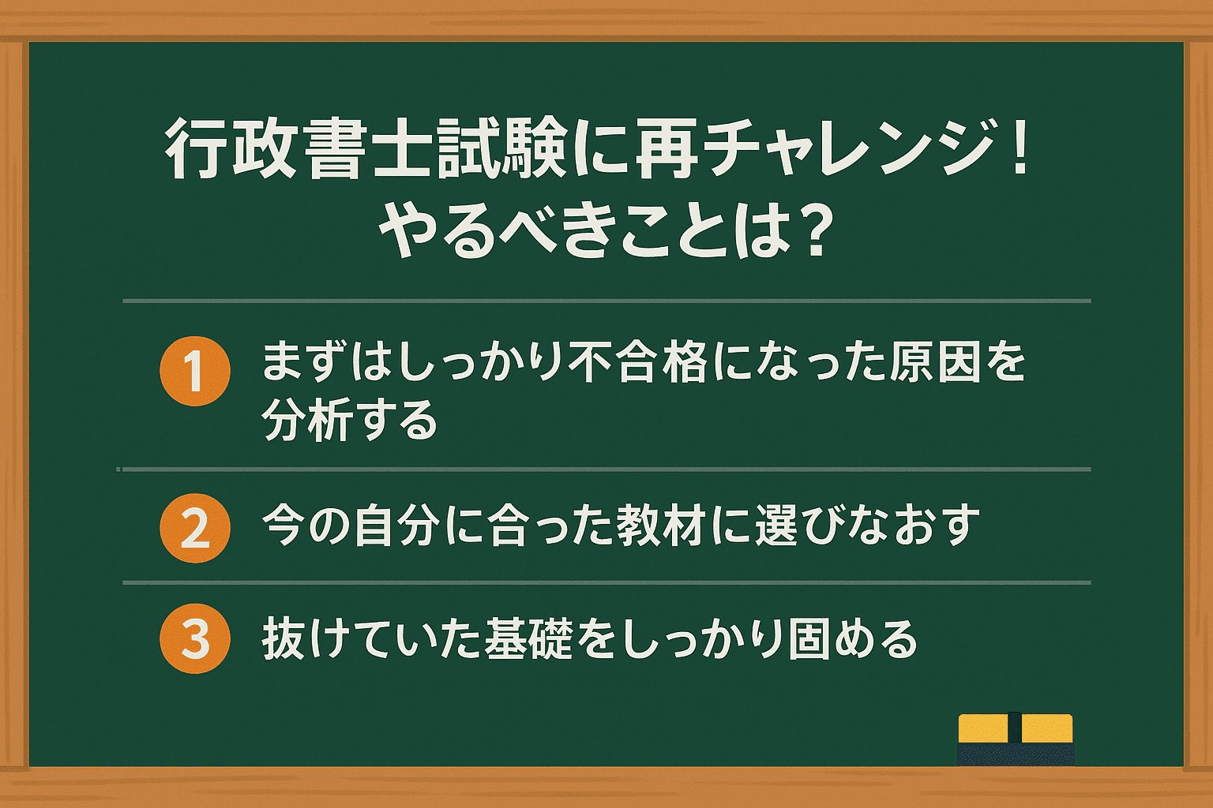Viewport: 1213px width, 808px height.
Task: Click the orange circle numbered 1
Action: pos(195,372)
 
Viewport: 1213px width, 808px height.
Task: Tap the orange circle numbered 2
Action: pos(195,528)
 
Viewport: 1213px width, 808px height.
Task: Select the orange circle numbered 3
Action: pos(195,638)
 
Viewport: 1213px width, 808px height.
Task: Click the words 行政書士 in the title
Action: pos(297,148)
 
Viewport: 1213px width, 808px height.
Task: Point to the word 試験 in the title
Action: pos(501,148)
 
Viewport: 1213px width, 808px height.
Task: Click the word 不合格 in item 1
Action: pos(638,362)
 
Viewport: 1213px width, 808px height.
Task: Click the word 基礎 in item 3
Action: pos(528,639)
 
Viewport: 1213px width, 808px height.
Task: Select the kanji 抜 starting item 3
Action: pos(284,639)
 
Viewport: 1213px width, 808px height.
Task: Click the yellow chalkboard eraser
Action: pos(1016,739)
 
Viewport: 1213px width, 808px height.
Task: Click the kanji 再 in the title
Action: pos(667,148)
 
